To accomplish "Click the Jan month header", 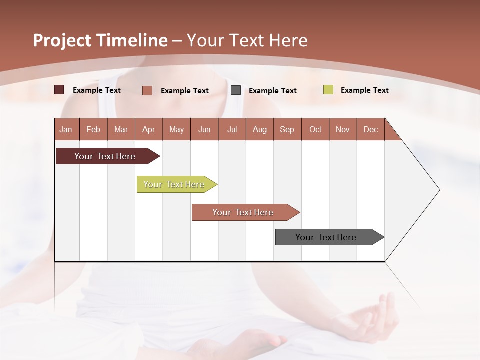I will pos(66,129).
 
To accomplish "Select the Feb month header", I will pos(93,129).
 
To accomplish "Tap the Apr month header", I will pos(148,129).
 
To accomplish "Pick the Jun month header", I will pos(204,129).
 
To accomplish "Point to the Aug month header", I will pos(259,129).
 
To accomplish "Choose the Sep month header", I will pos(287,129).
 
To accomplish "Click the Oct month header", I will pos(315,129).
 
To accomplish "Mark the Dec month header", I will pos(370,129).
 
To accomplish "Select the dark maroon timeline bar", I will pos(105,156).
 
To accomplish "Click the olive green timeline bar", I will pos(174,184).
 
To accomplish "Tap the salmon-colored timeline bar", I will pos(243,212).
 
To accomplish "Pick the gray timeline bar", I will pos(326,237).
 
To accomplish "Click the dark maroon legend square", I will pos(59,90).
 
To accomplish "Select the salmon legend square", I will pos(147,90).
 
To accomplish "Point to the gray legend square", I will pos(236,90).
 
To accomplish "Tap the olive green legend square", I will pos(328,90).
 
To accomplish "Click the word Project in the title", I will pos(62,40).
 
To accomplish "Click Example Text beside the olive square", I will pos(364,90).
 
